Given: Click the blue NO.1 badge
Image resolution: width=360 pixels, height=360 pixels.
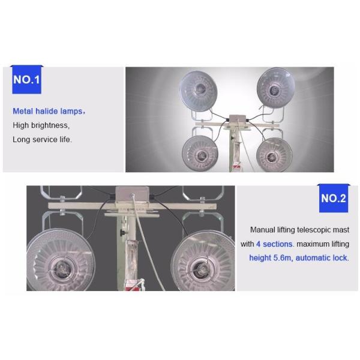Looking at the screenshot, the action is [26, 80].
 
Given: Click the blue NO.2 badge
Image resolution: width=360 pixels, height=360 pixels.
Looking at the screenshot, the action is [334, 199].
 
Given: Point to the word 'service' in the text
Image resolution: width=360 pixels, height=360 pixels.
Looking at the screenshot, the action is [45, 140].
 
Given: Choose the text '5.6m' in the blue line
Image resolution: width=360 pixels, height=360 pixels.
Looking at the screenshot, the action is [283, 258].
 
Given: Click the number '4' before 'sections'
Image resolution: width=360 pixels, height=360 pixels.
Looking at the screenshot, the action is [258, 244].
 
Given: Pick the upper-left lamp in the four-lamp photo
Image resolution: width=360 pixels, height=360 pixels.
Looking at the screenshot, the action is [198, 91].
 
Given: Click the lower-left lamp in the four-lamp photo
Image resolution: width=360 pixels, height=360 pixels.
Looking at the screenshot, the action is [200, 153].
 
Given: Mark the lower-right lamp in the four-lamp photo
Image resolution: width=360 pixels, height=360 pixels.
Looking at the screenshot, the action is [274, 155].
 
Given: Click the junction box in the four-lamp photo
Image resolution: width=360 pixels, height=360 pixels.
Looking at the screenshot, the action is [238, 121].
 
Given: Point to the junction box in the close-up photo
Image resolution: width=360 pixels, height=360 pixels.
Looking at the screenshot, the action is [132, 194].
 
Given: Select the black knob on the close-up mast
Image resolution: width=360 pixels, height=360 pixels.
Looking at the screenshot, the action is [123, 233].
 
